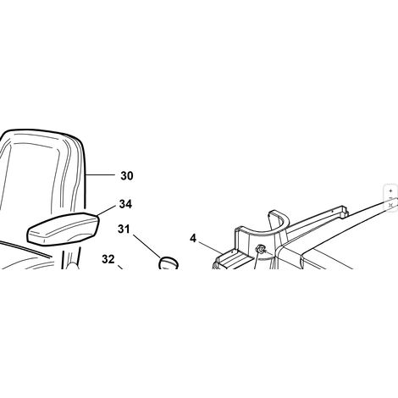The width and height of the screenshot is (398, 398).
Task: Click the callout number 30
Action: click(x=127, y=175)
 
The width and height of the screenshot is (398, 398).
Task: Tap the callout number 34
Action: click(x=125, y=204)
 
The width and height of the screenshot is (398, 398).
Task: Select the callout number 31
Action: click(x=124, y=229)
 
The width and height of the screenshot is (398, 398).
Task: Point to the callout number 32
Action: click(x=108, y=259)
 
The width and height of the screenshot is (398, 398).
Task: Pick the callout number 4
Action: click(x=193, y=239)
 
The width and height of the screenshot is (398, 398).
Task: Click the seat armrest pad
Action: click(x=63, y=229)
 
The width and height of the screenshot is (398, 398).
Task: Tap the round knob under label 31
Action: click(x=169, y=263)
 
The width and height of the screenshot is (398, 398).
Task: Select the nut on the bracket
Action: click(x=259, y=249)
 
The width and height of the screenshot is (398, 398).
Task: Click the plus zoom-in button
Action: click(x=390, y=191)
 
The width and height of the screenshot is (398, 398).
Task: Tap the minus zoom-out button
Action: click(x=390, y=198)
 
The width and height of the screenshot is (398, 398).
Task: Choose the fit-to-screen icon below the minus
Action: click(x=390, y=205)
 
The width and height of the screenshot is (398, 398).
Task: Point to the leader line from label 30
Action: click(x=100, y=175)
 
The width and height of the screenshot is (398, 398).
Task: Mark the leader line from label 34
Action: click(x=107, y=211)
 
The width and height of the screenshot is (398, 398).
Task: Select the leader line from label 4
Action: click(x=210, y=247)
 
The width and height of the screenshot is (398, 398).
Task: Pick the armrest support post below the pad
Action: click(x=70, y=257)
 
